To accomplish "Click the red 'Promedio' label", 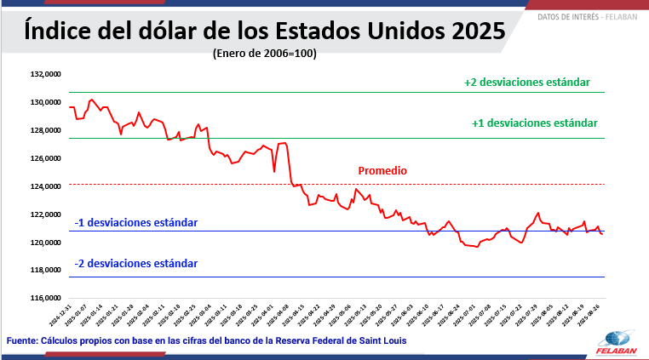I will [382, 171].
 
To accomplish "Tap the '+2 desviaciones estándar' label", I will [527, 83].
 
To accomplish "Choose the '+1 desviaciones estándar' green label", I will [535, 123].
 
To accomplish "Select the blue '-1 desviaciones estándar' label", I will [136, 222].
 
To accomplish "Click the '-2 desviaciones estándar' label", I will [136, 264].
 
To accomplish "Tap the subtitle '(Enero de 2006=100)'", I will [264, 53].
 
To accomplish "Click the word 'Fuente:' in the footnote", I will [21, 340].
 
